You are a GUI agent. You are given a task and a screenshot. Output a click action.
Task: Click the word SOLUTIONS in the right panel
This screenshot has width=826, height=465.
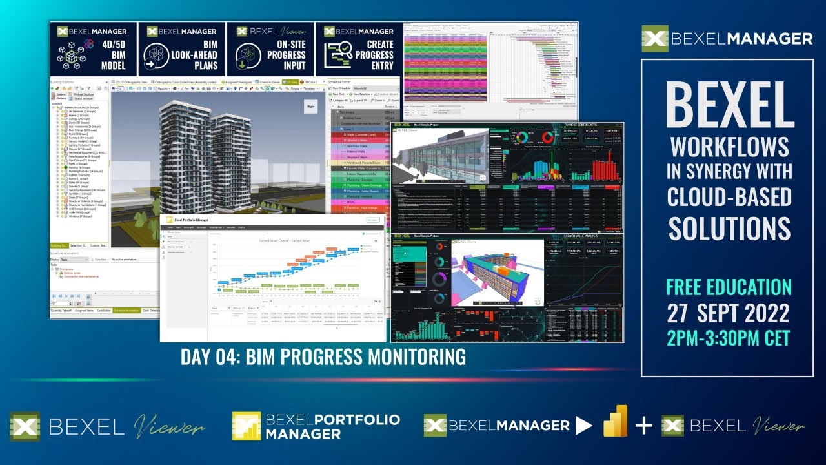coord(730,228)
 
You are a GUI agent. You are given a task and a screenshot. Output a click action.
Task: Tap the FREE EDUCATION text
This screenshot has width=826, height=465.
coord(729,287)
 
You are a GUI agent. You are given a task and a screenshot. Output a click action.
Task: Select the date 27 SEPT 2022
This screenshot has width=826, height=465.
coord(729,313)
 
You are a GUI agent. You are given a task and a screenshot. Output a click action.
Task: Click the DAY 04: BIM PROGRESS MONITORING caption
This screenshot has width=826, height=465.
coord(323,356)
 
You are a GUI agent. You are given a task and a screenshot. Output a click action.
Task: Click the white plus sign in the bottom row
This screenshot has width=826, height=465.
coord(643,426)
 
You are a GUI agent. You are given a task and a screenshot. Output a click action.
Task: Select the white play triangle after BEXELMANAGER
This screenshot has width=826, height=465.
coord(583,426)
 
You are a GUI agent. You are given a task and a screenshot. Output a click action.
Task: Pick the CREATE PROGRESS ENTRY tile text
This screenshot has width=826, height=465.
coord(374,56)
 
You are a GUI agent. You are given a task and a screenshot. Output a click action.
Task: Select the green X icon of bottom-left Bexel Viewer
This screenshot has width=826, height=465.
coord(25,427)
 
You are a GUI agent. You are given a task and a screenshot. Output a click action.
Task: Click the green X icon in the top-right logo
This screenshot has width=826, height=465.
coord(655,39)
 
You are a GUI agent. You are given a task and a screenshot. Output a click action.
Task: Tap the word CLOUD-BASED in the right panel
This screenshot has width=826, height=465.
coord(730,196)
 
